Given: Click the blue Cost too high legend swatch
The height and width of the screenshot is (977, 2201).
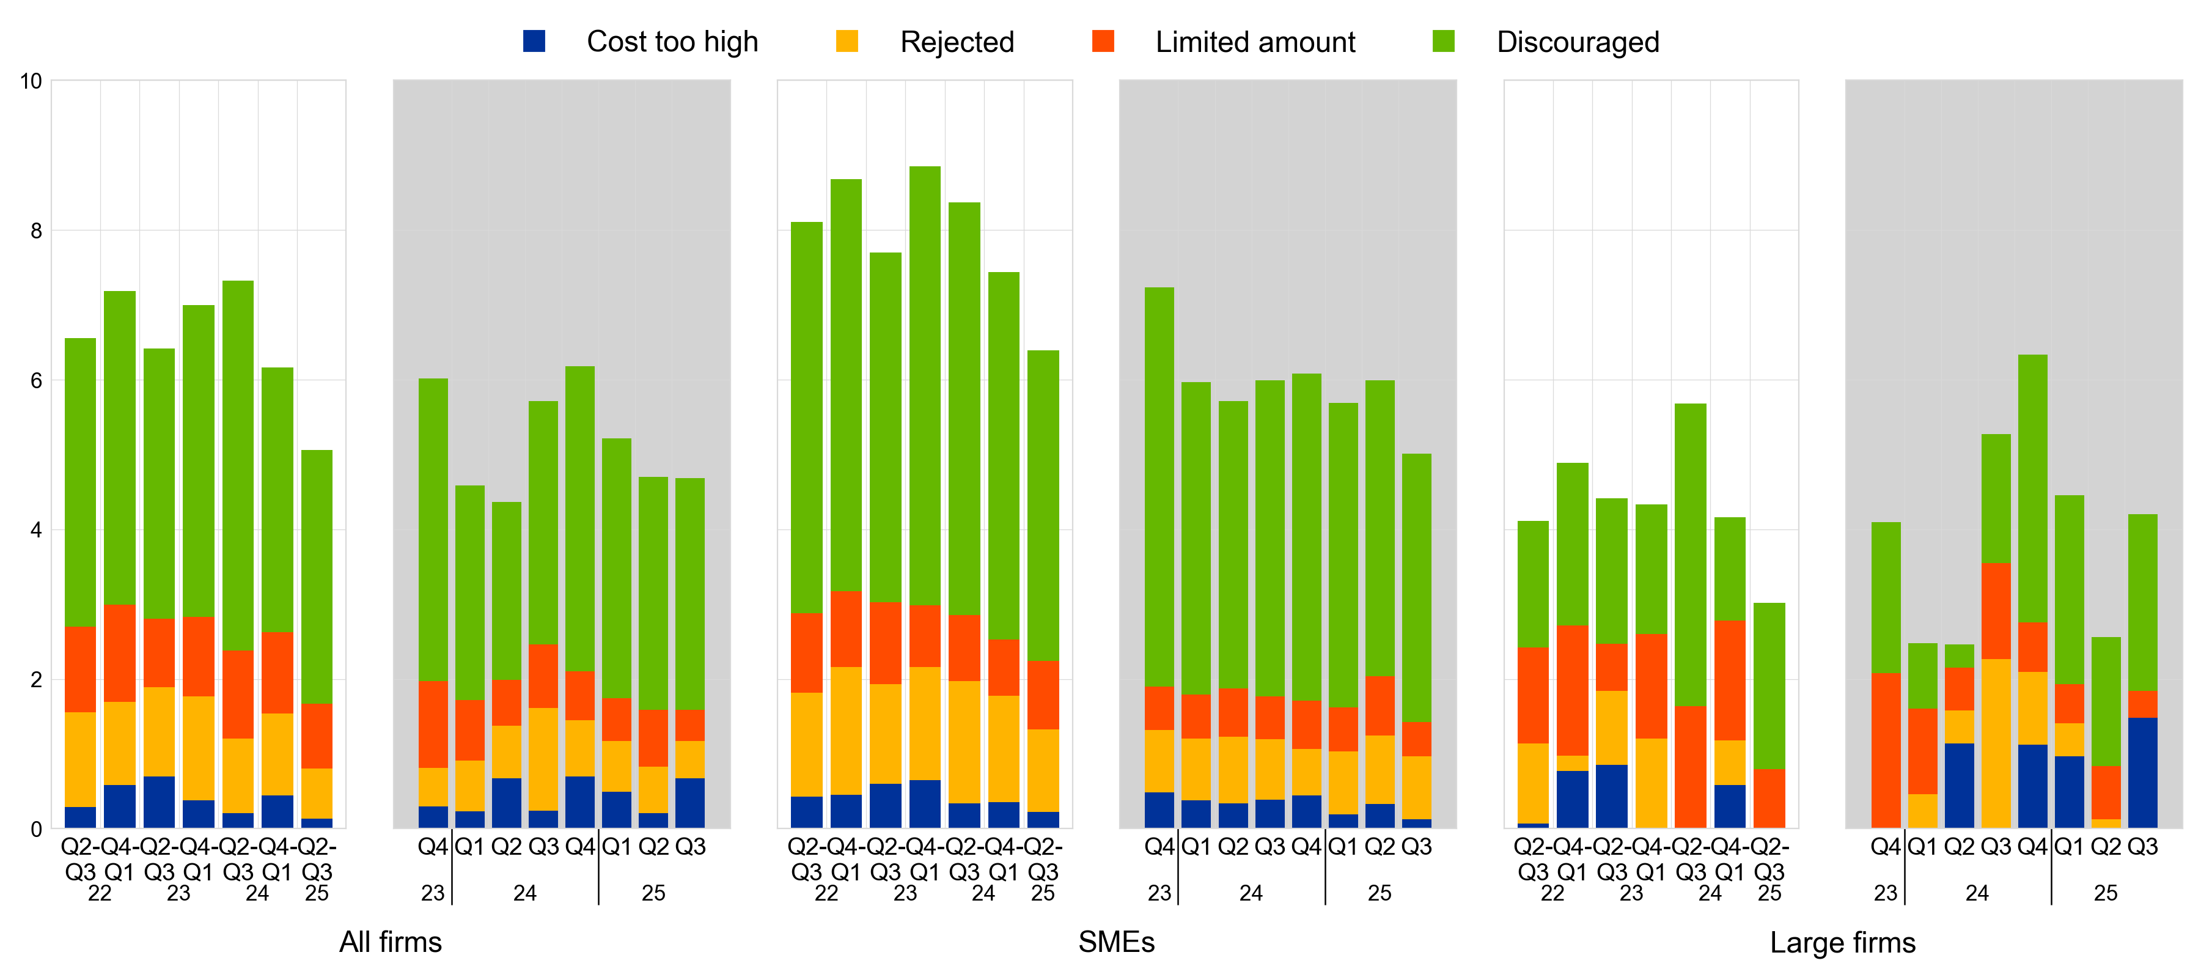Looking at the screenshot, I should click(534, 41).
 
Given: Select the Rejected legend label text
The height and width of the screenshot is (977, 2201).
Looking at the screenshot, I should click(957, 42).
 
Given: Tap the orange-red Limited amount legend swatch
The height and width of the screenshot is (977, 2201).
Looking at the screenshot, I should click(1103, 41).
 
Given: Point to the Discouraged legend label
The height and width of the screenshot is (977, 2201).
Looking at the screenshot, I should click(1578, 42).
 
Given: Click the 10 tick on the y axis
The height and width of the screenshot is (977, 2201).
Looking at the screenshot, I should click(31, 81).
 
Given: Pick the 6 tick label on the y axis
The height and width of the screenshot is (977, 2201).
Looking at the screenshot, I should click(35, 380).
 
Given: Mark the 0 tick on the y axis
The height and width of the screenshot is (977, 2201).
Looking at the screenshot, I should click(35, 829).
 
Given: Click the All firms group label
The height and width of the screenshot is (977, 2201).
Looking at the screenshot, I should click(391, 942).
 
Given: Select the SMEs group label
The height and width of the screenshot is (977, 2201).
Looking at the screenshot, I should click(1116, 942).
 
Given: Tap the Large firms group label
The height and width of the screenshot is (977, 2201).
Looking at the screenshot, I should click(1842, 942).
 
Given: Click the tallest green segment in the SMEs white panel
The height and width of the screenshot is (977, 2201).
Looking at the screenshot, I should click(925, 385).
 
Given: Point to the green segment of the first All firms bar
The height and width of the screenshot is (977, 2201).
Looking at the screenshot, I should click(80, 483).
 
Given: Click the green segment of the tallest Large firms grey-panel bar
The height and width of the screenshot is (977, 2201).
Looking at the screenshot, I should click(2033, 488).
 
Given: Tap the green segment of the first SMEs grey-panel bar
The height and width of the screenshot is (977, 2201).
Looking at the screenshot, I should click(1159, 487).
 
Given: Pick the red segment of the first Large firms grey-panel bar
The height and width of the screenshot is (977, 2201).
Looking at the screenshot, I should click(1886, 750).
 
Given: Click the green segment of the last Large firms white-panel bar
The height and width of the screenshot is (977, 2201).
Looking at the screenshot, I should click(1769, 685).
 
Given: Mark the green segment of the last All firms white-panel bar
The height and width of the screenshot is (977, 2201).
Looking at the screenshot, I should click(317, 577).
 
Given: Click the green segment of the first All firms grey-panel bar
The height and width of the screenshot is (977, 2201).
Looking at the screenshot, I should click(433, 530).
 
